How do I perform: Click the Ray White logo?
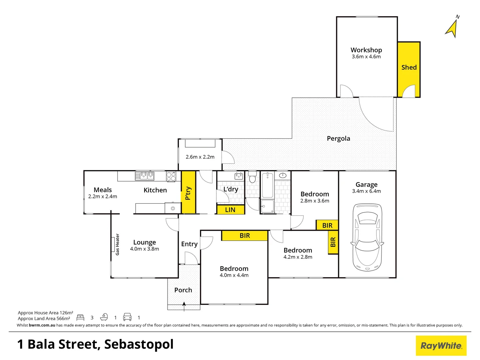click(x=441, y=346)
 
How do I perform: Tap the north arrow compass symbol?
click(x=452, y=28)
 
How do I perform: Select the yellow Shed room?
click(x=409, y=67)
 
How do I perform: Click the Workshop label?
click(x=366, y=50)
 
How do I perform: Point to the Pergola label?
click(x=338, y=138)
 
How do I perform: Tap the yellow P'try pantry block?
click(x=188, y=193)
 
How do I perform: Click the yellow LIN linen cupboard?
click(x=230, y=210)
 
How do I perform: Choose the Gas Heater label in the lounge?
click(x=117, y=244)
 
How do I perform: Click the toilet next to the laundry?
click(x=252, y=177)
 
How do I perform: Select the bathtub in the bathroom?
click(x=267, y=185)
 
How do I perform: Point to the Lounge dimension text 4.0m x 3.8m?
click(x=145, y=249)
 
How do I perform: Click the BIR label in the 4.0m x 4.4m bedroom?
click(x=244, y=236)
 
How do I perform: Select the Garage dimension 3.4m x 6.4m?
click(x=366, y=191)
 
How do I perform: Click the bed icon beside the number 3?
click(x=80, y=317)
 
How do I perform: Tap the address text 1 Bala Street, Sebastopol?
click(x=95, y=344)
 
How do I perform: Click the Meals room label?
click(x=103, y=190)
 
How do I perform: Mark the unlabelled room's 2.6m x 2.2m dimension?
click(x=200, y=157)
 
